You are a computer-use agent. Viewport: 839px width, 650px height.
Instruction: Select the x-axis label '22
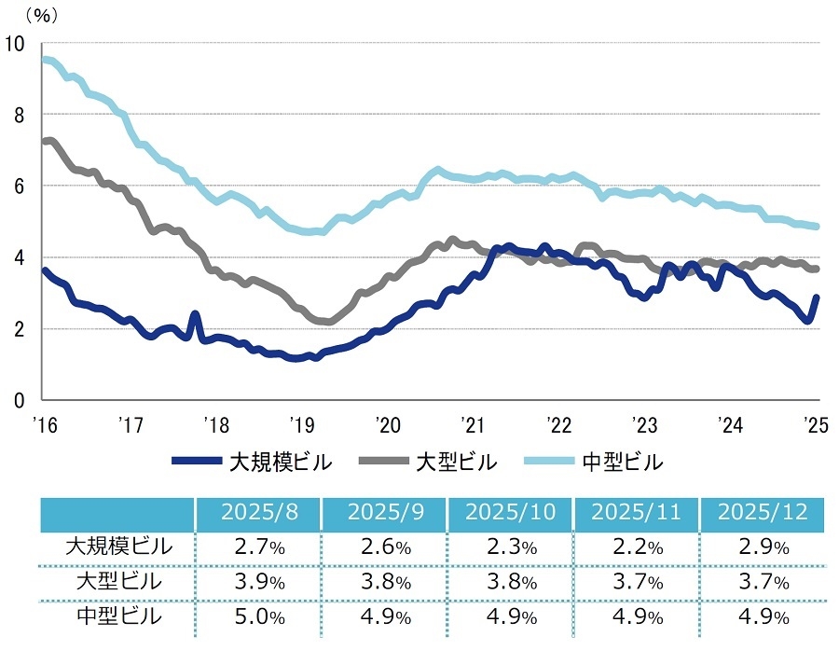point(558,425)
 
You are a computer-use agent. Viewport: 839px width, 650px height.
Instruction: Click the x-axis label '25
point(816,425)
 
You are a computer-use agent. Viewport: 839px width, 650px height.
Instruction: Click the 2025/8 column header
point(257,513)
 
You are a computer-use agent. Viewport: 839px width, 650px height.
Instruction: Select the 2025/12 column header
point(763,513)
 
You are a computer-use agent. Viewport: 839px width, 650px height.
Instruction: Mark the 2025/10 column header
point(509,513)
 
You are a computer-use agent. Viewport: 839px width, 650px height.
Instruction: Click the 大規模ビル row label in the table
point(118,546)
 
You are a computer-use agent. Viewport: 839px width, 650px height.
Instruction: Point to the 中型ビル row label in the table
point(118,617)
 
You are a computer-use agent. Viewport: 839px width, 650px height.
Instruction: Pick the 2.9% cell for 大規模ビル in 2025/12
point(763,547)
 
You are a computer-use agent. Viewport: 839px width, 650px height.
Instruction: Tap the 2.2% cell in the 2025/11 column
point(636,547)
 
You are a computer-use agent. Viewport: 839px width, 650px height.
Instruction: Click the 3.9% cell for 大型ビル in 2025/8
point(257,583)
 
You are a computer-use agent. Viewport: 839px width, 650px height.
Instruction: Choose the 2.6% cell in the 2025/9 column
point(383,547)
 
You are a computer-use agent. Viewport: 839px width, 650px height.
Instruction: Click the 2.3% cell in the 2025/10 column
point(509,547)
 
